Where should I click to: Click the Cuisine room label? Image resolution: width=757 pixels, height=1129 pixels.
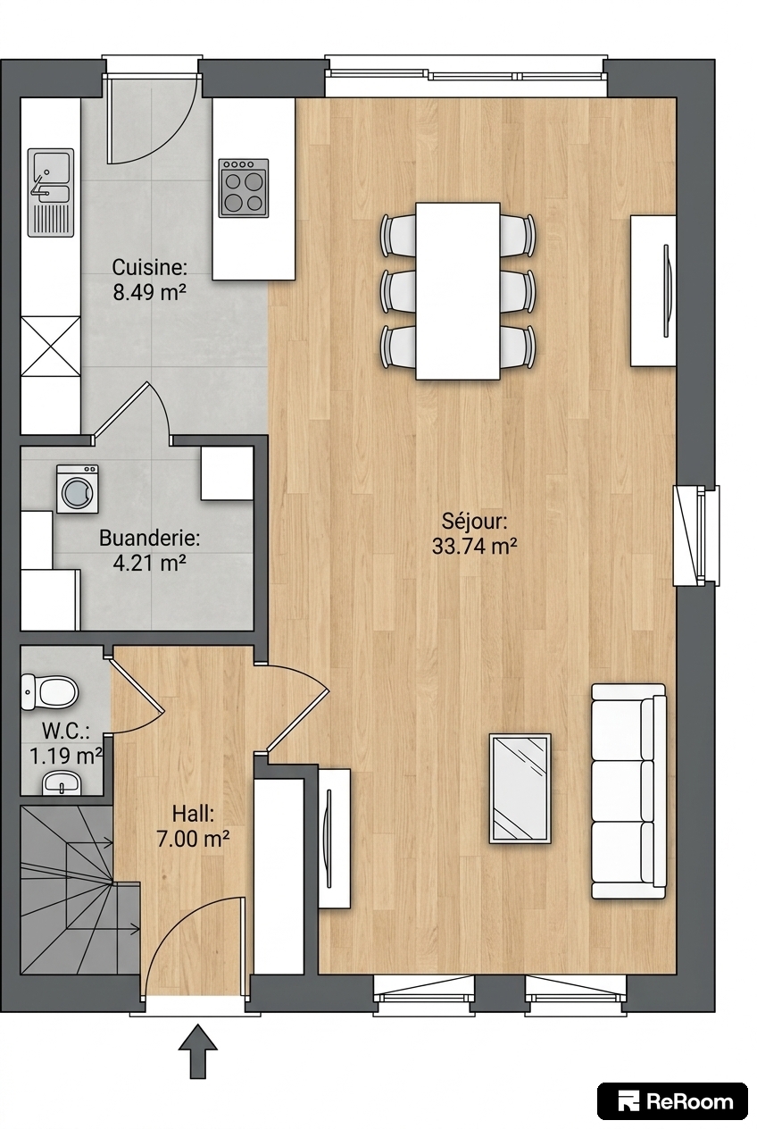150,267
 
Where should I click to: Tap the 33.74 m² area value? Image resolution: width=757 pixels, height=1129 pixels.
474,546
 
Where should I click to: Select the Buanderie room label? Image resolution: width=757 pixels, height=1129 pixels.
150,538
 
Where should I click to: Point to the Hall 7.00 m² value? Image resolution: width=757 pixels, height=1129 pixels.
194,840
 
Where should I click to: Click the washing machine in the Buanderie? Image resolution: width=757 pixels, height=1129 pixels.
77,489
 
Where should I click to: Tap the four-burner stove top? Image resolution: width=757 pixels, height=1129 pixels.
244,188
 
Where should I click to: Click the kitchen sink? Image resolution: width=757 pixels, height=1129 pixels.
50,192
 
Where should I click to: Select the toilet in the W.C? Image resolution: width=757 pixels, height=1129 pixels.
49,691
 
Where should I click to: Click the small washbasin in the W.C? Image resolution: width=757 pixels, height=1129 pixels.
62,782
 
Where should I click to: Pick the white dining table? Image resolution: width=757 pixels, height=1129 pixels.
457,291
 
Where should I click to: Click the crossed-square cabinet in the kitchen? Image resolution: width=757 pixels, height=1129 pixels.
51,347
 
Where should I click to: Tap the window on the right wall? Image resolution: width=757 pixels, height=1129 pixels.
697,535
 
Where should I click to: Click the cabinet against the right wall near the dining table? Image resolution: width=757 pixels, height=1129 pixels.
653,291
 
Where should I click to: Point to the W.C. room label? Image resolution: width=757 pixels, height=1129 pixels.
66,732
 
